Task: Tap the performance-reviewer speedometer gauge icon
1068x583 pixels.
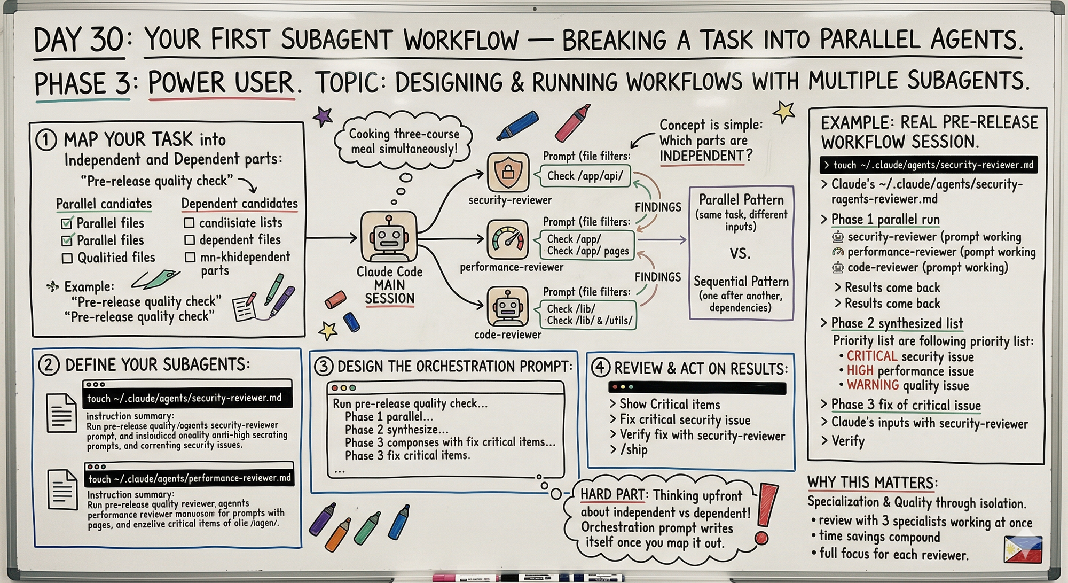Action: coord(507,240)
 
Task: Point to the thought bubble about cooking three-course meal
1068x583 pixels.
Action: coord(404,141)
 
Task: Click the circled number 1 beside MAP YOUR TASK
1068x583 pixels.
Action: coord(46,140)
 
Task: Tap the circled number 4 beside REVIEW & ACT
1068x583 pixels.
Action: coord(601,368)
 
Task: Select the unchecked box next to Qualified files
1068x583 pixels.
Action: coord(67,259)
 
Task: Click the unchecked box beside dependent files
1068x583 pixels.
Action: coord(190,240)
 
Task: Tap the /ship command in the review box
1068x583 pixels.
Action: coord(634,449)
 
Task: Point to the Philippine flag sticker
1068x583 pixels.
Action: coord(1023,550)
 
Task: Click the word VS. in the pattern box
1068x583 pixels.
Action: coord(740,253)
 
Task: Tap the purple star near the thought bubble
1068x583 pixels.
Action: coord(323,116)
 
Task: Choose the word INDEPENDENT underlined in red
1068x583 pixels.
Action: coord(702,156)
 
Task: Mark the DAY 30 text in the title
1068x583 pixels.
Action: coord(79,41)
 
